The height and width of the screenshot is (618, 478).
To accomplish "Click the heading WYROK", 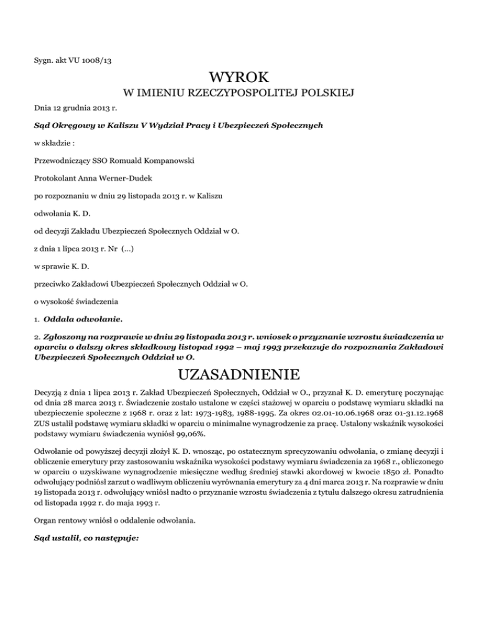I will tap(240, 78).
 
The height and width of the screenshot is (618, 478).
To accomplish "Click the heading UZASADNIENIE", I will tap(239, 376).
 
